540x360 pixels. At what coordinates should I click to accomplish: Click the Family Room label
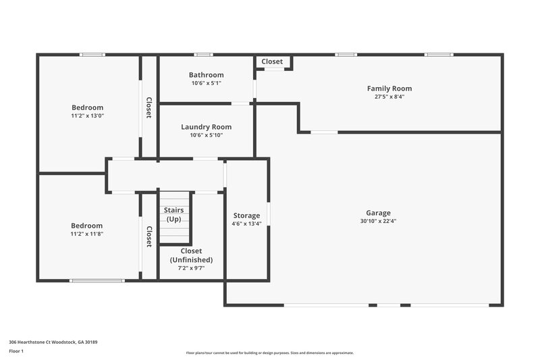pyautogui.click(x=389, y=88)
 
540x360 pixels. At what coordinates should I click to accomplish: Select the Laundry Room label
pyautogui.click(x=206, y=127)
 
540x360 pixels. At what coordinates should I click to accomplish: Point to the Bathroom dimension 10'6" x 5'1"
pyautogui.click(x=206, y=83)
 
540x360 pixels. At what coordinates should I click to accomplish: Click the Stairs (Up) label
pyautogui.click(x=174, y=215)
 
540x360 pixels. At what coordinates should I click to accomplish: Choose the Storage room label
pyautogui.click(x=246, y=215)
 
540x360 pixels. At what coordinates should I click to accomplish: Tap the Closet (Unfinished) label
pyautogui.click(x=191, y=255)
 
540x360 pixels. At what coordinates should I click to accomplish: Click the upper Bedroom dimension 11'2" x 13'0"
pyautogui.click(x=87, y=115)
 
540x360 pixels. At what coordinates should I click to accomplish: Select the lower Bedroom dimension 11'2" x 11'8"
pyautogui.click(x=87, y=234)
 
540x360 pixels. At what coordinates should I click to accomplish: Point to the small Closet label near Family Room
pyautogui.click(x=272, y=61)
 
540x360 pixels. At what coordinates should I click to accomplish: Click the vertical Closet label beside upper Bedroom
pyautogui.click(x=148, y=108)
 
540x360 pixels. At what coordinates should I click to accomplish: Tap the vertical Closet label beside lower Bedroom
pyautogui.click(x=148, y=236)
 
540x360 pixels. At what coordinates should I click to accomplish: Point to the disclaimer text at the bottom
pyautogui.click(x=269, y=353)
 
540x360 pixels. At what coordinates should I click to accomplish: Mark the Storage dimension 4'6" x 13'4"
pyautogui.click(x=246, y=224)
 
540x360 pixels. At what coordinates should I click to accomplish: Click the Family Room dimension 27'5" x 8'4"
pyautogui.click(x=389, y=97)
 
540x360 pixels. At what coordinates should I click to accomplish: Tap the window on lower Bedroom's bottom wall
pyautogui.click(x=97, y=280)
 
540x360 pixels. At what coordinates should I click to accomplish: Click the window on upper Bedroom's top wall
pyautogui.click(x=92, y=55)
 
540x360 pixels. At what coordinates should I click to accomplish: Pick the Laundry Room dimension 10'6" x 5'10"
pyautogui.click(x=206, y=135)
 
